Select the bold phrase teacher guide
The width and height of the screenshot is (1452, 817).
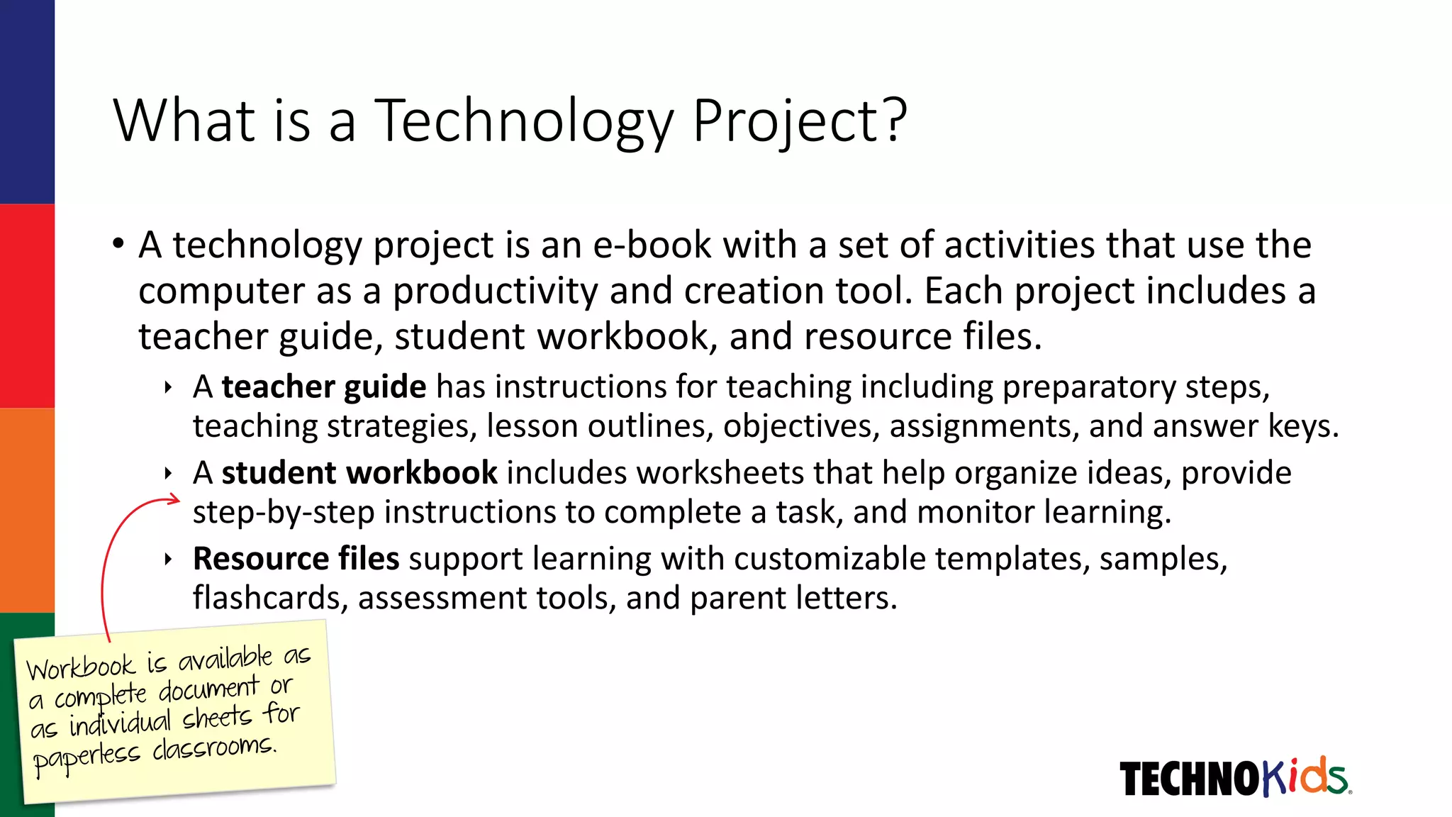coord(324,387)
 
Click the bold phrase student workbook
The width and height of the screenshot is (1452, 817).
coord(359,473)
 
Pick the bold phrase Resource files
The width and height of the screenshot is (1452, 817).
coord(296,559)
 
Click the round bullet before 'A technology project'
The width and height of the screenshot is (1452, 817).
coord(118,244)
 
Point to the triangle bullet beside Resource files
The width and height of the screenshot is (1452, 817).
coord(168,560)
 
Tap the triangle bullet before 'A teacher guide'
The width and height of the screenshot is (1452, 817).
coord(168,388)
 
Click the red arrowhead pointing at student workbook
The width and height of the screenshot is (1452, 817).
coord(174,501)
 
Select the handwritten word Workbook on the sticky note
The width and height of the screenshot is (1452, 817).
coord(80,667)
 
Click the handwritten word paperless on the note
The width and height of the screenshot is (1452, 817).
coord(86,758)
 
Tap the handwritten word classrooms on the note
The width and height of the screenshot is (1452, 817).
coord(213,747)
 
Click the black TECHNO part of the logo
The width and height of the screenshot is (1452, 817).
coord(1189,779)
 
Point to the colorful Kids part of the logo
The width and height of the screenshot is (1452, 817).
coord(1305,777)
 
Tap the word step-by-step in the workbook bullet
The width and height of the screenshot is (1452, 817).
coord(283,512)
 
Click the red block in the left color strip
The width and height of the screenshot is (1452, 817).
coord(27,306)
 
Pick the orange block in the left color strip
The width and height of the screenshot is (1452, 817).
coord(27,510)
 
